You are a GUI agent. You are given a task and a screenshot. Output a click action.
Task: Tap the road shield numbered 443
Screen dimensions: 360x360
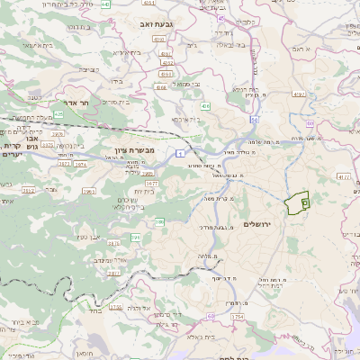106,4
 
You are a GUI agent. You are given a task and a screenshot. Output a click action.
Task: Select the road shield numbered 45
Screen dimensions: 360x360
222,17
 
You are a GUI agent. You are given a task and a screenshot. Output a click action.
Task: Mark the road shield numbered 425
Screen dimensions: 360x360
58,115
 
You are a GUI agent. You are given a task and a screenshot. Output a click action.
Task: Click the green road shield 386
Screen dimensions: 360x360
159,220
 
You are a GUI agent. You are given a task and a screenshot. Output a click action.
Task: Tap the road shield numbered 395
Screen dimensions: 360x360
137,238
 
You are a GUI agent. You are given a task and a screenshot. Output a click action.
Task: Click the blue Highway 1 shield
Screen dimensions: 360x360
181,154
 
